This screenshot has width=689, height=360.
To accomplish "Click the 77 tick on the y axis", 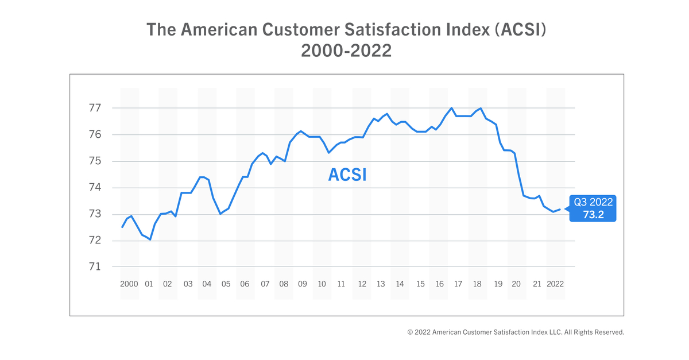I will tap(95, 108).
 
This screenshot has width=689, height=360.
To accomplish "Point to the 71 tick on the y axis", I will tap(95, 267).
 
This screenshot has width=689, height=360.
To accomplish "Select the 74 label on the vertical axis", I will tap(95, 188).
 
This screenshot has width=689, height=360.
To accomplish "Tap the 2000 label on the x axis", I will tap(129, 284).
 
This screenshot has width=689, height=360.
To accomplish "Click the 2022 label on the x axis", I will tap(556, 284).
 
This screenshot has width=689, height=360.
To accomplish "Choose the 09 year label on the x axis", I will tap(303, 284).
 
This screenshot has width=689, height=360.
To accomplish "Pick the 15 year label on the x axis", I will tap(420, 284).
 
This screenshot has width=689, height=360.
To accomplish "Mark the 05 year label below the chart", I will tap(226, 284).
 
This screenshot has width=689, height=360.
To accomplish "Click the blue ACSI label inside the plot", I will tap(347, 175).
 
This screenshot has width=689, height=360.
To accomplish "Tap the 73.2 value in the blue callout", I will tap(593, 214).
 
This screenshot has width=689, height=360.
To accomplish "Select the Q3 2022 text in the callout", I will tap(593, 202).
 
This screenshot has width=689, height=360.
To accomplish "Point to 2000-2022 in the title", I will tap(346, 51).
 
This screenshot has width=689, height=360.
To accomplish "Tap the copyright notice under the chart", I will tap(516, 332).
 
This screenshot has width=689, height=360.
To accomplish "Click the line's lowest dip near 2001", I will tap(150, 239).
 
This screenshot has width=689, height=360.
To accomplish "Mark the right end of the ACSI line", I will tap(560, 209).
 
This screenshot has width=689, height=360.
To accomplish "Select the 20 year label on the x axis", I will tap(517, 284).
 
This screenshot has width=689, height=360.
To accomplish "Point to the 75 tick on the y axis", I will tap(95, 161).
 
